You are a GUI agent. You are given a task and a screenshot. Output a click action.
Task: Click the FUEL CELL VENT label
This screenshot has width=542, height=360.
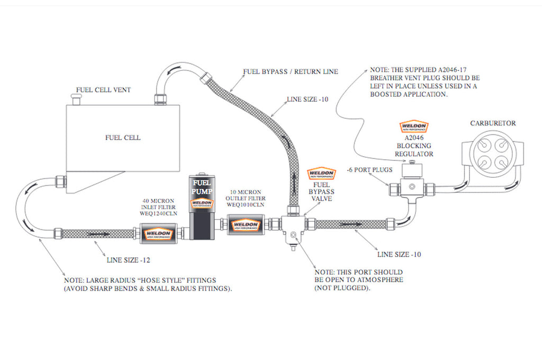tap(103, 89)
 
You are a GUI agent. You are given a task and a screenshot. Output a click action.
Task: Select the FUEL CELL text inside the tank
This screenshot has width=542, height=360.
tap(123, 138)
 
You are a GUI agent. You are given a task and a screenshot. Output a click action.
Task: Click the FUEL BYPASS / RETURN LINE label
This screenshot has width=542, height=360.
tap(290, 71)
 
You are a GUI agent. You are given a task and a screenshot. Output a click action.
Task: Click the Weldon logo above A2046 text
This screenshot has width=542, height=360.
tap(413, 127)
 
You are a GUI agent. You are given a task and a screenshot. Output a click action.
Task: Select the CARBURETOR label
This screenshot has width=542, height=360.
tap(493, 123)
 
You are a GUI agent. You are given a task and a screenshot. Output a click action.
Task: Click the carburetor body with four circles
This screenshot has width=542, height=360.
tap(492, 155)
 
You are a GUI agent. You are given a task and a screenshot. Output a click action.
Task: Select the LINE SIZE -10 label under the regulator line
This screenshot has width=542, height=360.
tap(399, 254)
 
